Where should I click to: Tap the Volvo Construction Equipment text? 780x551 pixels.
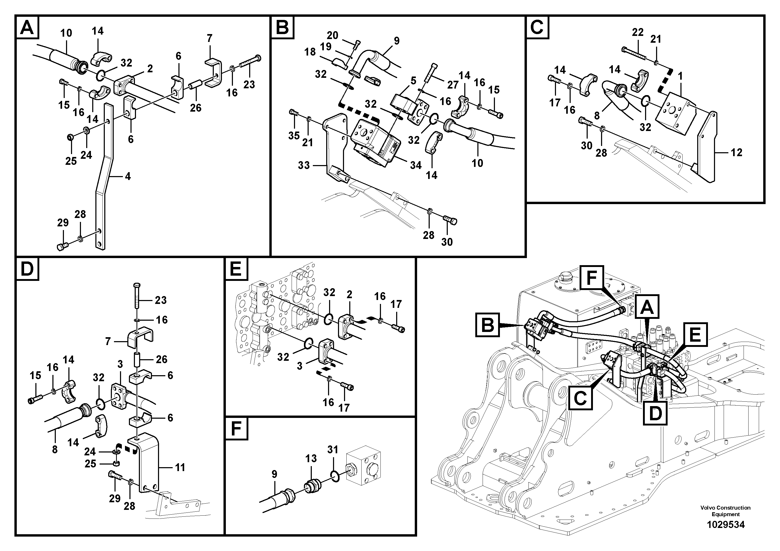[x=725, y=511]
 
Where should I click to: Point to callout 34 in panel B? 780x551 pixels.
[x=416, y=165]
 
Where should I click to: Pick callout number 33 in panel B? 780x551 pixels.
[x=304, y=165]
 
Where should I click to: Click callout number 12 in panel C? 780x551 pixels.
[x=736, y=152]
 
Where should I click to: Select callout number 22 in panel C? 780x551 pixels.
[x=638, y=32]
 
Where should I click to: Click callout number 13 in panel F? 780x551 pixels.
[x=311, y=458]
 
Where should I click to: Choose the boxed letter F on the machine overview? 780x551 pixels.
[x=591, y=278]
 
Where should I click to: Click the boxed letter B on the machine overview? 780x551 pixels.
[x=488, y=325]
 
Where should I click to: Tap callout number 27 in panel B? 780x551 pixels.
[x=452, y=85]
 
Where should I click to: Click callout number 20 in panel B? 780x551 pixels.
[x=332, y=35]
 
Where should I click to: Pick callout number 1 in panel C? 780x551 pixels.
[x=680, y=76]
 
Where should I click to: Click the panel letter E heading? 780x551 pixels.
[x=236, y=269]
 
